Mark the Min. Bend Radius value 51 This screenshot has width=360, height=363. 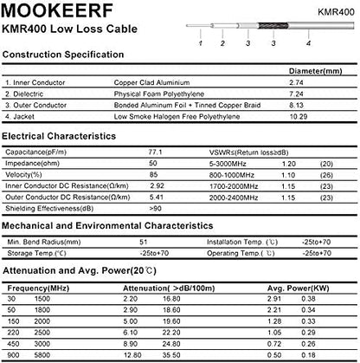tap(144, 242)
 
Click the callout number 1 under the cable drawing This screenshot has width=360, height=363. tap(199, 42)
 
